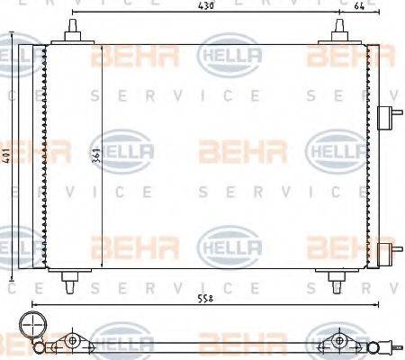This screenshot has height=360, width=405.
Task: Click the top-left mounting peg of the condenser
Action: (x=70, y=32)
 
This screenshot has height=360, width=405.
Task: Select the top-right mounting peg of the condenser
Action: (x=342, y=32)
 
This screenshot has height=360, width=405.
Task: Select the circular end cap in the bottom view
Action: (x=32, y=325)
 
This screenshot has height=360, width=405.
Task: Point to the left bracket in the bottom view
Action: (x=72, y=341)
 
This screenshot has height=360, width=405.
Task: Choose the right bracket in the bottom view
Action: (x=341, y=341)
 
